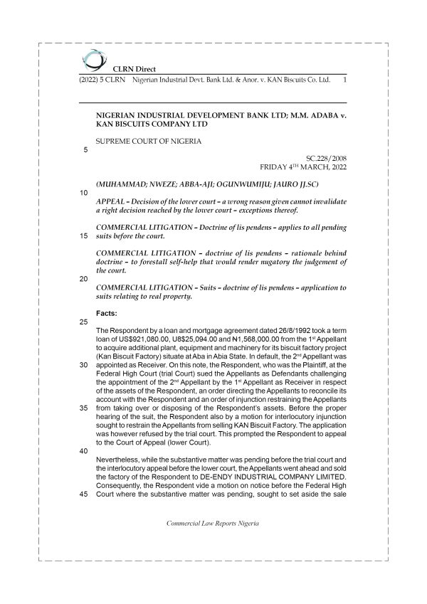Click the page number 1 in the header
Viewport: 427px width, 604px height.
pos(344,80)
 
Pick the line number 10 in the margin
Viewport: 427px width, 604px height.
pos(85,193)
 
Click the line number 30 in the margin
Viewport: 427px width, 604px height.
pos(85,365)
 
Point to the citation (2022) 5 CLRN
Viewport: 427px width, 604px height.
pos(99,80)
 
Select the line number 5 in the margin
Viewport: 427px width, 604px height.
pos(85,150)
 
